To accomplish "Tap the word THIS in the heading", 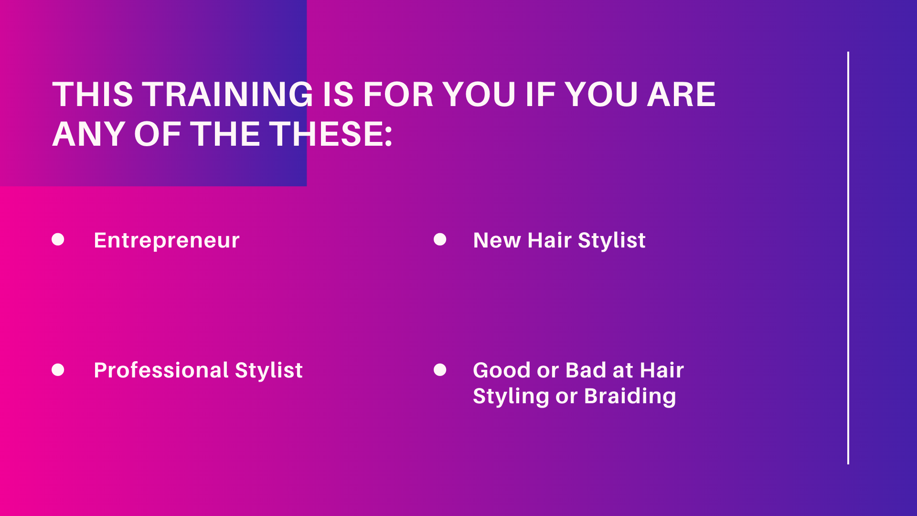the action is coord(93,94).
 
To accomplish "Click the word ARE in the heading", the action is coord(681,94).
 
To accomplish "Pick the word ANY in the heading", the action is coord(89,134).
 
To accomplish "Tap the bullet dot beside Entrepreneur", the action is coord(58,239).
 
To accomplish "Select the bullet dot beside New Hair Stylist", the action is coord(440,239).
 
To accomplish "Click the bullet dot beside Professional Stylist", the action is coord(58,370).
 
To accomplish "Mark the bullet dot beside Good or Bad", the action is coord(440,370).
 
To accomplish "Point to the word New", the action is coord(497,240).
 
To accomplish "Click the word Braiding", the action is coord(630,397).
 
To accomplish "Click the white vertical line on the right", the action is coord(848,258).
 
